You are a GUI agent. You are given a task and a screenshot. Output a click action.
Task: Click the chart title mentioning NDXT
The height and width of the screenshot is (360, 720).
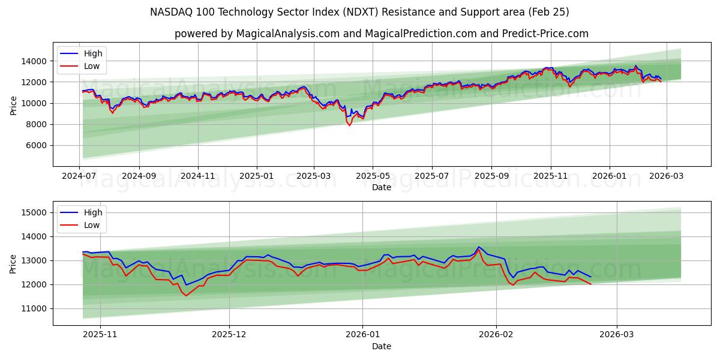click(359, 12)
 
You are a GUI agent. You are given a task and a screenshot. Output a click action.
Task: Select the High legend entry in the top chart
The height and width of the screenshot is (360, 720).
click(93, 53)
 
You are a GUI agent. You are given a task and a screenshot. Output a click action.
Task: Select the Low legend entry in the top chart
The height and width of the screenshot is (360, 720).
click(92, 67)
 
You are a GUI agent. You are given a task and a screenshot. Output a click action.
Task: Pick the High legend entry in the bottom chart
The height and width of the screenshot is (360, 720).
click(93, 212)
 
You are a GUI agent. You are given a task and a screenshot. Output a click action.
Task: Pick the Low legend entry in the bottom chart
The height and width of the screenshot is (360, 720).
click(92, 226)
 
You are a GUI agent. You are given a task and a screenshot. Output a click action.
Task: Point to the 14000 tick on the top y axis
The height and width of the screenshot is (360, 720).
click(34, 61)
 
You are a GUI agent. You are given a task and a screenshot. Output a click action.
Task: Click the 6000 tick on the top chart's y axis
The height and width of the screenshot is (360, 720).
click(36, 146)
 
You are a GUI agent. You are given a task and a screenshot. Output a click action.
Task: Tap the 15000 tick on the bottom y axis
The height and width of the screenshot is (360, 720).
click(34, 212)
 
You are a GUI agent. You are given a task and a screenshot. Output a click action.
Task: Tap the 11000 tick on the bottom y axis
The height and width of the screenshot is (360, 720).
click(34, 308)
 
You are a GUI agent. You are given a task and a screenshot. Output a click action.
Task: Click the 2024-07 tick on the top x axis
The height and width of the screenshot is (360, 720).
click(80, 176)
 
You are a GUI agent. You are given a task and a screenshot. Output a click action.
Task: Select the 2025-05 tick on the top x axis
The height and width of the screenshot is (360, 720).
click(373, 176)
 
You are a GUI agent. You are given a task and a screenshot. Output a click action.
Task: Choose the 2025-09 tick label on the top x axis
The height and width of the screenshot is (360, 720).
click(491, 176)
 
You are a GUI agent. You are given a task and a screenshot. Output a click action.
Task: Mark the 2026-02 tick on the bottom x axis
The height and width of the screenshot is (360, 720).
click(497, 335)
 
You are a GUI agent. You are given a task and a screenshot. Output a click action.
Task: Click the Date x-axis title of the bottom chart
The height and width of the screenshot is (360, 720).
click(382, 346)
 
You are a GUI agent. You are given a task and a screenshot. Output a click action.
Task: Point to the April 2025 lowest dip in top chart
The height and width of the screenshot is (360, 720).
click(350, 125)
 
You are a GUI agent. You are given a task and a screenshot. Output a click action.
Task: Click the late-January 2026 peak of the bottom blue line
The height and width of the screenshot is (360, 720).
click(478, 247)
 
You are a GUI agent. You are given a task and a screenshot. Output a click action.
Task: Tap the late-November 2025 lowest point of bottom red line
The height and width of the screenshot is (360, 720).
click(186, 296)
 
